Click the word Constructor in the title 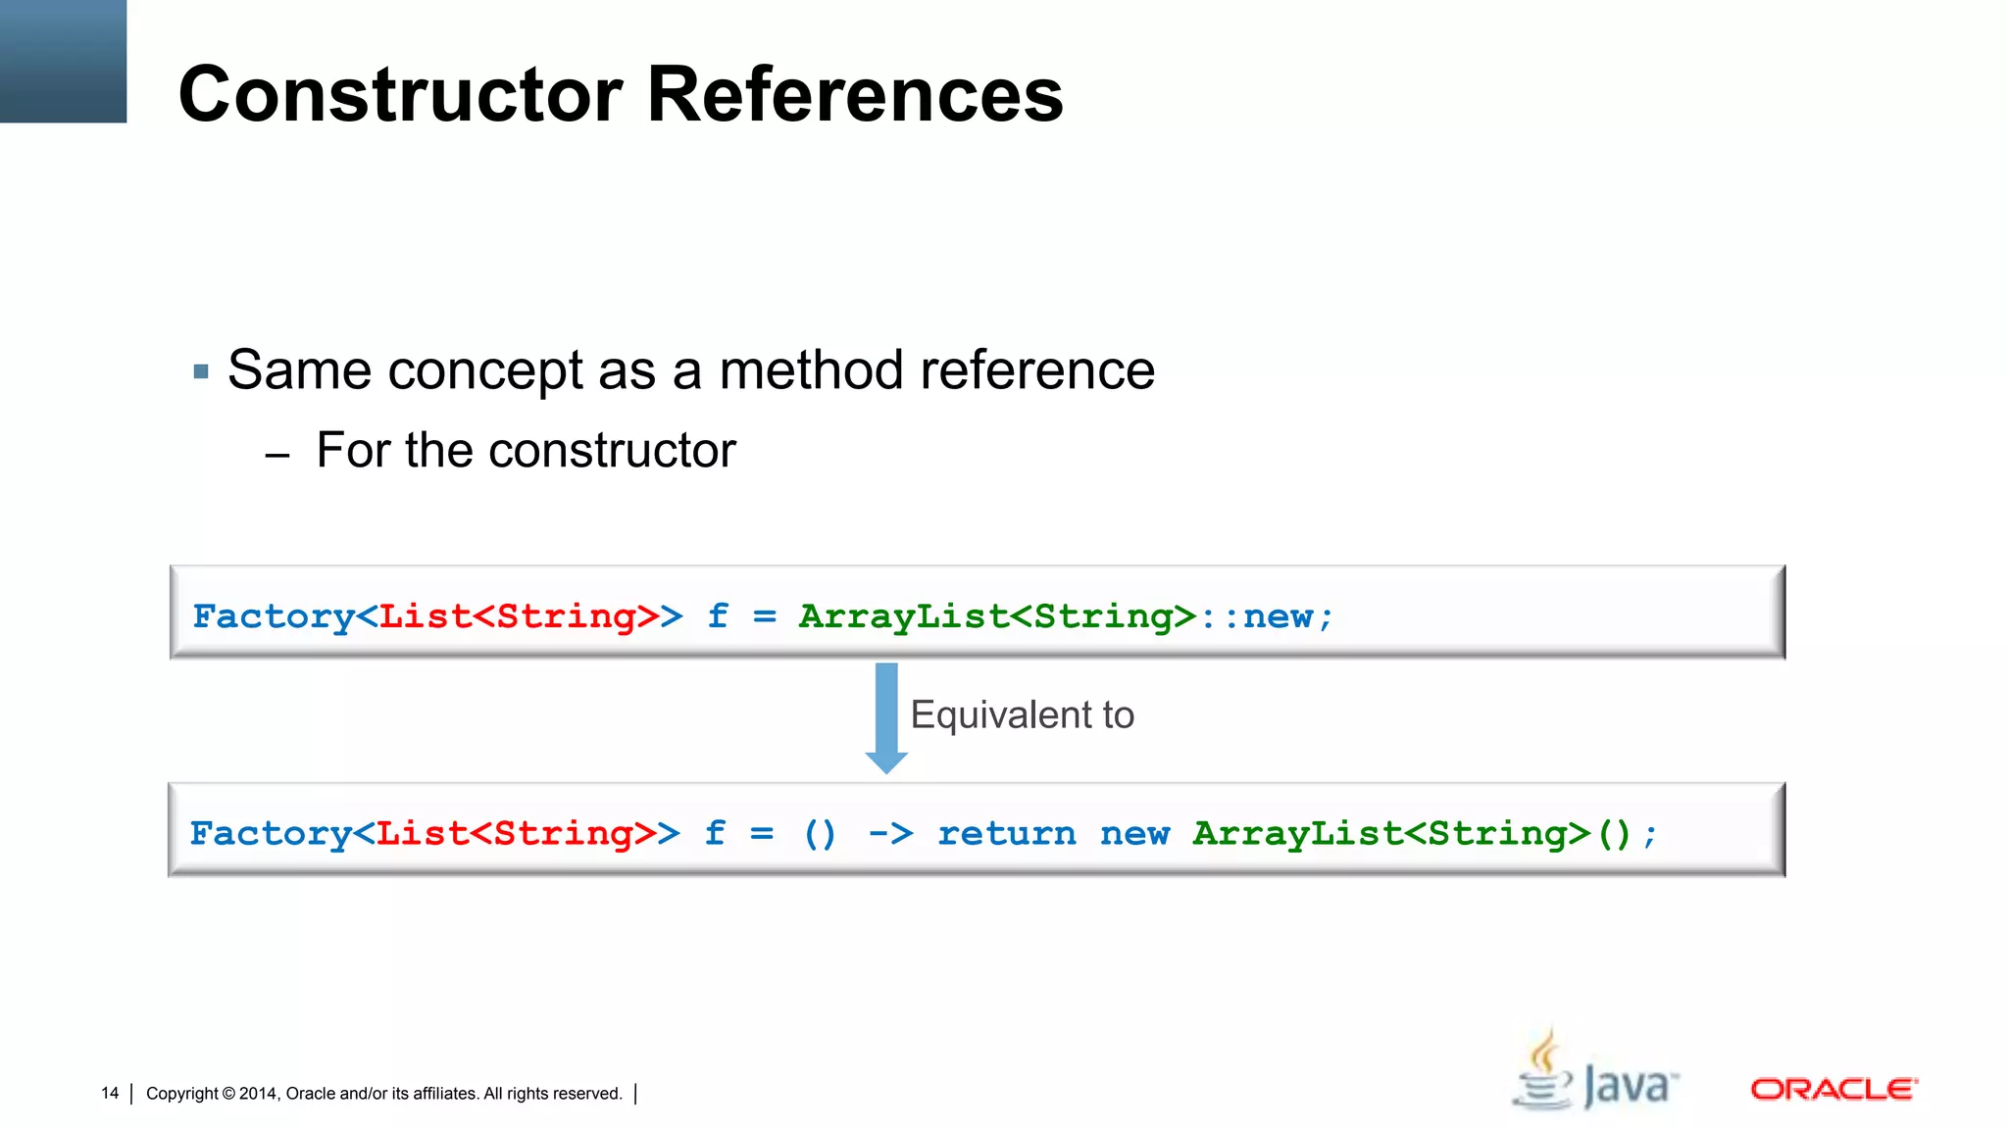click(400, 94)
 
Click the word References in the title click(855, 94)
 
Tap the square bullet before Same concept click(201, 371)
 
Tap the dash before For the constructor click(277, 456)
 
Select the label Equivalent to click(1022, 714)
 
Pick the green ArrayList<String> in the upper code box click(997, 616)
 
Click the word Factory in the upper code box click(274, 616)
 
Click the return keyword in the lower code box click(1006, 834)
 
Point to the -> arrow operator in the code click(890, 834)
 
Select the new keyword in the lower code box click(1134, 834)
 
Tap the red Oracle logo click(1833, 1089)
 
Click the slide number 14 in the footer click(110, 1093)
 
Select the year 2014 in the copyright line click(258, 1094)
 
